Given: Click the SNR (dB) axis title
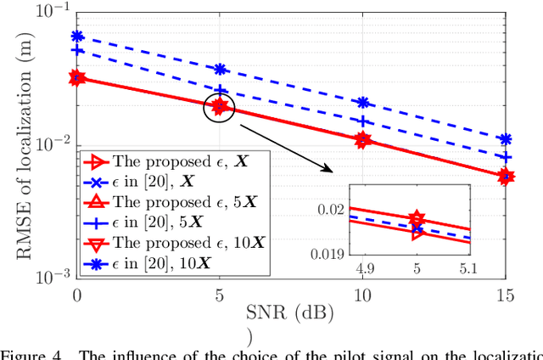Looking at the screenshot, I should (291, 312).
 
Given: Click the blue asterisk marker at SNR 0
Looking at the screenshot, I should (77, 37).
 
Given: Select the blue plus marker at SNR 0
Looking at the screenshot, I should (77, 51).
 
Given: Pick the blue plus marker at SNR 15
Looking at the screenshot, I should (506, 157).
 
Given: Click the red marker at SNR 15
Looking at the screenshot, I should (506, 177).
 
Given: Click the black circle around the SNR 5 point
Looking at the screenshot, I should (220, 107).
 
